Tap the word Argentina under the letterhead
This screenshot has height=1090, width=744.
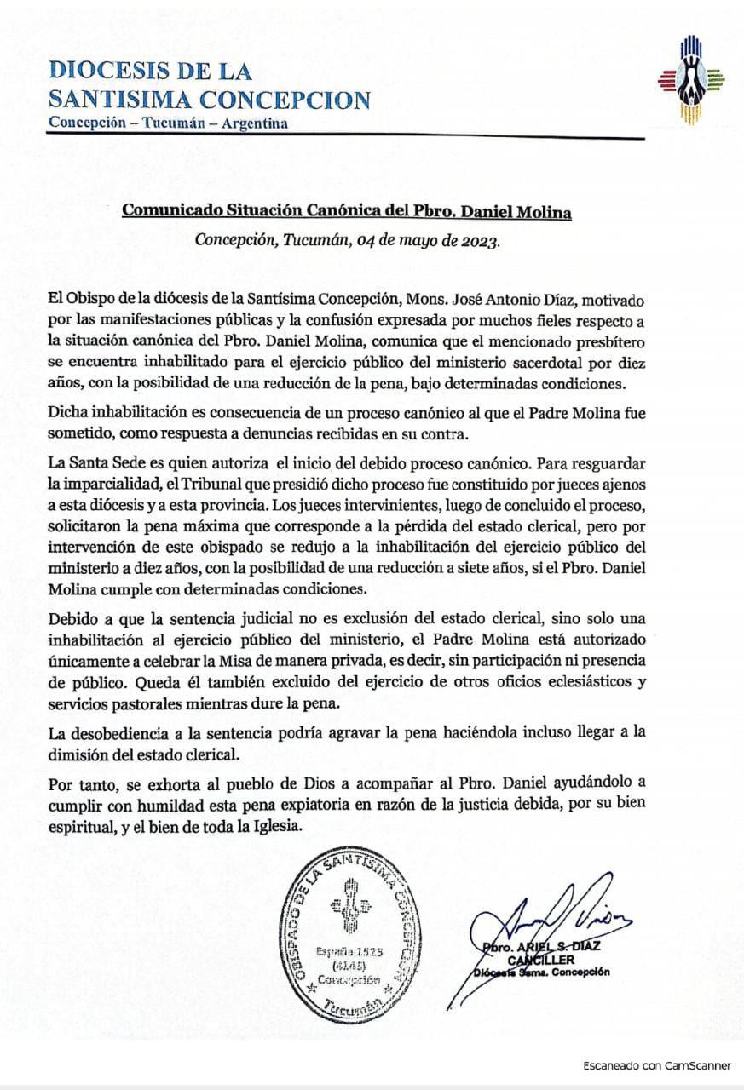coord(254,123)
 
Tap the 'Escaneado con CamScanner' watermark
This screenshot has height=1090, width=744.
coord(657,1065)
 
